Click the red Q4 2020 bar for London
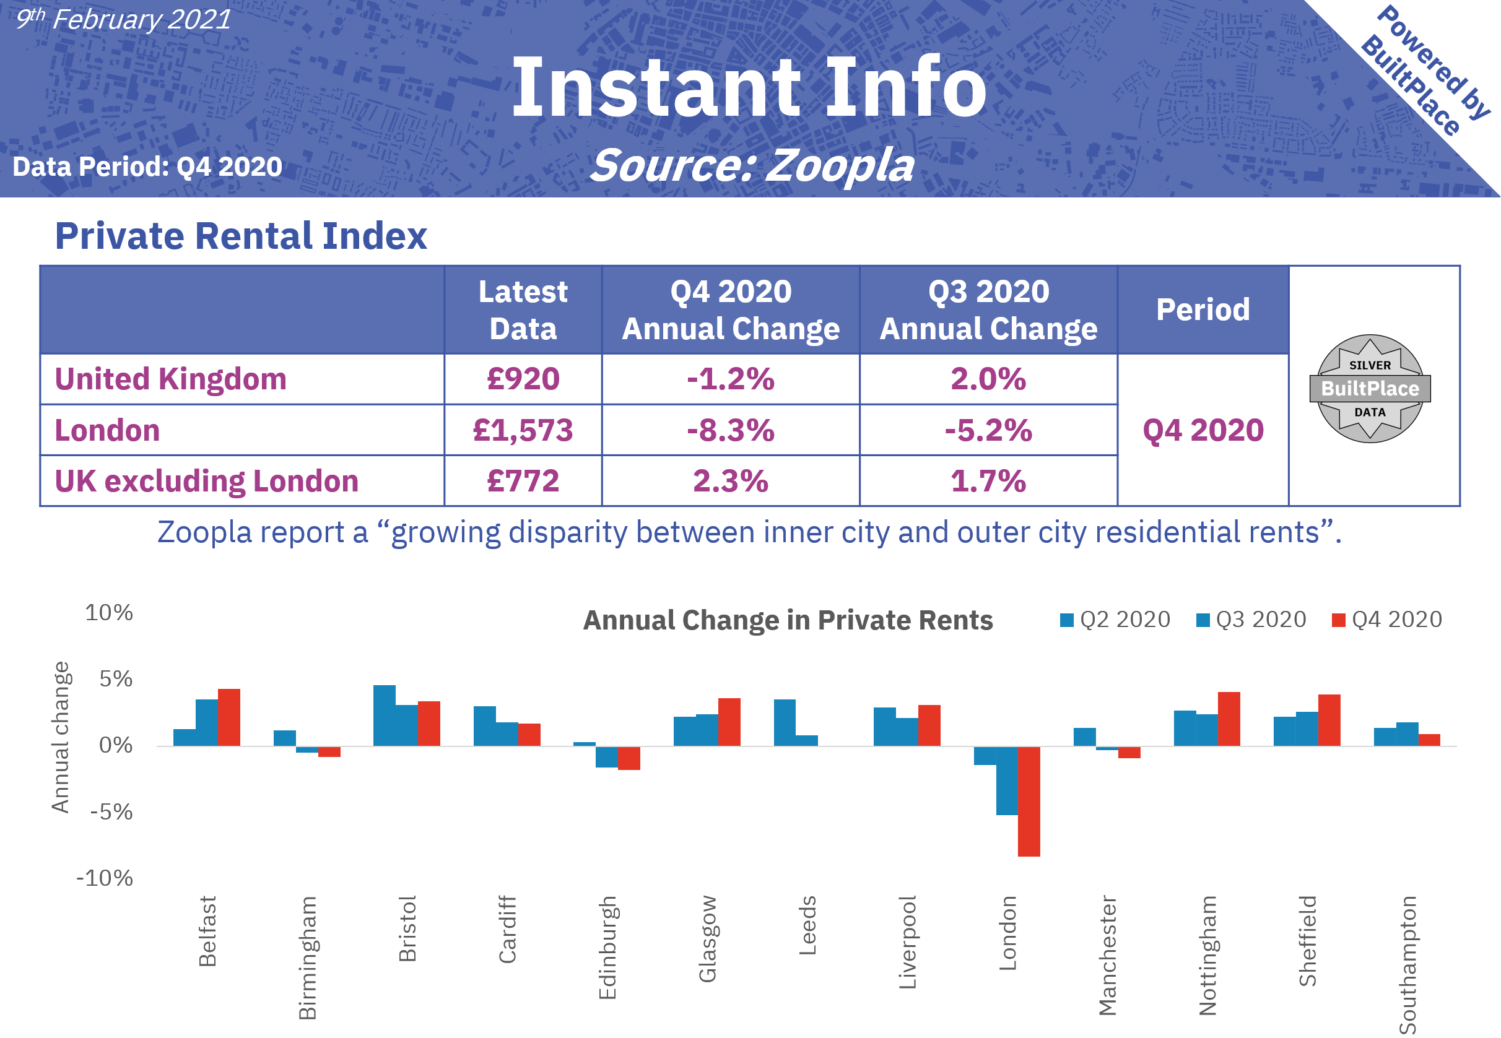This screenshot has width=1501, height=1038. tap(1029, 802)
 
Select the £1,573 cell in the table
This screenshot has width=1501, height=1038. tap(523, 430)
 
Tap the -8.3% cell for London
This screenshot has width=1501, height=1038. tap(730, 430)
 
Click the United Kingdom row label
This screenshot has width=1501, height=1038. tap(170, 379)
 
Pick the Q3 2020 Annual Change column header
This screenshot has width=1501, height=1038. tap(988, 309)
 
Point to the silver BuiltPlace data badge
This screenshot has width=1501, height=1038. tap(1370, 388)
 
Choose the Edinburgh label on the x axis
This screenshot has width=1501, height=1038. tap(607, 947)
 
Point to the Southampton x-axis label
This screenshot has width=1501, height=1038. tap(1407, 964)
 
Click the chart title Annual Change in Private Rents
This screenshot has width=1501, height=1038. tap(787, 620)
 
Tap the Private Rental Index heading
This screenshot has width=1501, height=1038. tap(241, 235)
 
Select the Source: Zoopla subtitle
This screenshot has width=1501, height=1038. tap(752, 165)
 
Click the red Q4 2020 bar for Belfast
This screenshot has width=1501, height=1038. tap(229, 717)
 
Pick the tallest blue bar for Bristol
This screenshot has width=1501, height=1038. tap(384, 715)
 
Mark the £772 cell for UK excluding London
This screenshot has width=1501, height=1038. tap(523, 481)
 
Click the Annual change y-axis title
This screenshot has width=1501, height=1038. tap(60, 737)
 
